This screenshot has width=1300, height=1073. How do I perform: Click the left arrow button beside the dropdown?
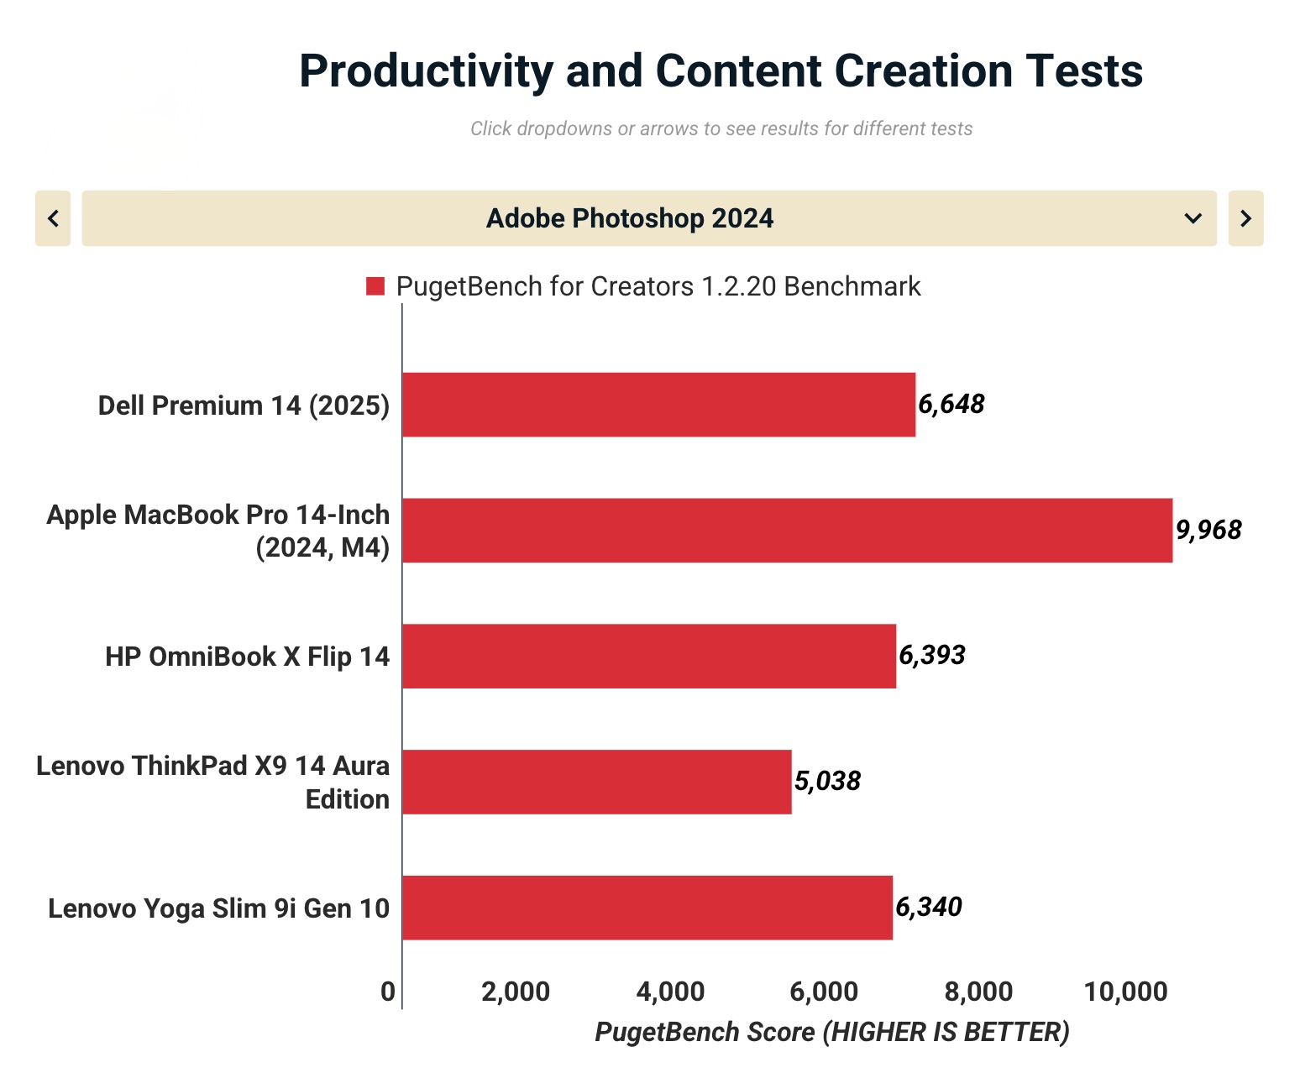53,218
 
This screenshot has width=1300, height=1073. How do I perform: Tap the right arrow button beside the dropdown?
1246,218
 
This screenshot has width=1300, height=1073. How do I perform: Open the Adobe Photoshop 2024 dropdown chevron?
1193,218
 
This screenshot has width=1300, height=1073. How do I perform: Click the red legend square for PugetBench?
375,286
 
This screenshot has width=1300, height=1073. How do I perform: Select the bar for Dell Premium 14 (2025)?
658,405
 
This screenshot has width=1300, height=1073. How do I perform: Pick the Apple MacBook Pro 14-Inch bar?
788,531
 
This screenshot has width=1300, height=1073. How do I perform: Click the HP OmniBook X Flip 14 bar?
649,656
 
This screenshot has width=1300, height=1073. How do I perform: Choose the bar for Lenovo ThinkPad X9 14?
597,782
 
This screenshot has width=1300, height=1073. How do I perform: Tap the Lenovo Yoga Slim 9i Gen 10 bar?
647,908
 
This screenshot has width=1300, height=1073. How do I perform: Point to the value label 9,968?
1208,531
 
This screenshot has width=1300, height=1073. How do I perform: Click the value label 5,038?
827,781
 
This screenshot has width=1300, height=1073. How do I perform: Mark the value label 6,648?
951,405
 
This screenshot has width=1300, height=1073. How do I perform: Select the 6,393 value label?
932,656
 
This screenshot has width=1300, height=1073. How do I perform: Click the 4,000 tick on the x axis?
670,992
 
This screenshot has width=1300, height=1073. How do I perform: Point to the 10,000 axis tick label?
1125,992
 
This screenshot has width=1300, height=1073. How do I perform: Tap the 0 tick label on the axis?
388,992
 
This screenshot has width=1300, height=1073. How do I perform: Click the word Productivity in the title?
426,71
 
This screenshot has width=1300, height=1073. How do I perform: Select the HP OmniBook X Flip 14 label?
247,657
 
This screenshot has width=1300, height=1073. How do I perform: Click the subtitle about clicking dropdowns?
721,128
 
